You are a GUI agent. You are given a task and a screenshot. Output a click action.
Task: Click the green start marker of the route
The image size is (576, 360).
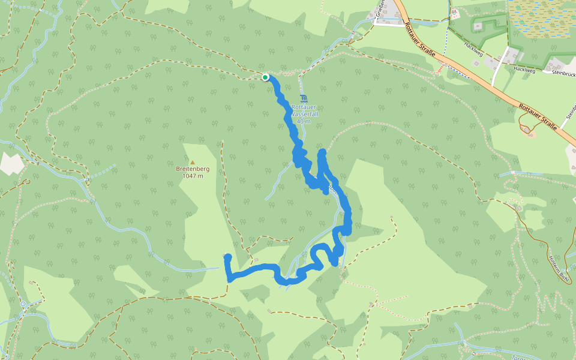(265, 77)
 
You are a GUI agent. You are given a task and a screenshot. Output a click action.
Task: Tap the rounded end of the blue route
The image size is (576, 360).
(227, 258)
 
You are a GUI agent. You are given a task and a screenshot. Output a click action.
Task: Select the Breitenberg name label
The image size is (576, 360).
(193, 169)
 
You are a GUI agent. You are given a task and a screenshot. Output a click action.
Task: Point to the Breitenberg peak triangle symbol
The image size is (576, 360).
(193, 162)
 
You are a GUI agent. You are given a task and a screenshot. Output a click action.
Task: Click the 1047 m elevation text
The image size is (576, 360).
(193, 176)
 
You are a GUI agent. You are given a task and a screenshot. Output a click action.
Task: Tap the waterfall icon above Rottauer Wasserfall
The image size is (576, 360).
(304, 99)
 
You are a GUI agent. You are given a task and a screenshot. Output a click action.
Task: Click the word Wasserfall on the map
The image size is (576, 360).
(304, 114)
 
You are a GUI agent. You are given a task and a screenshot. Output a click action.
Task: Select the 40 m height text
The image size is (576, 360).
(304, 121)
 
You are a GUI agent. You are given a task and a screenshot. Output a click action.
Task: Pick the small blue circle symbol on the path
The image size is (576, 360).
(23, 304)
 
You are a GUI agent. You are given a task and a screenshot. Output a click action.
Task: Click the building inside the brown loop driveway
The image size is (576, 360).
(527, 129)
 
